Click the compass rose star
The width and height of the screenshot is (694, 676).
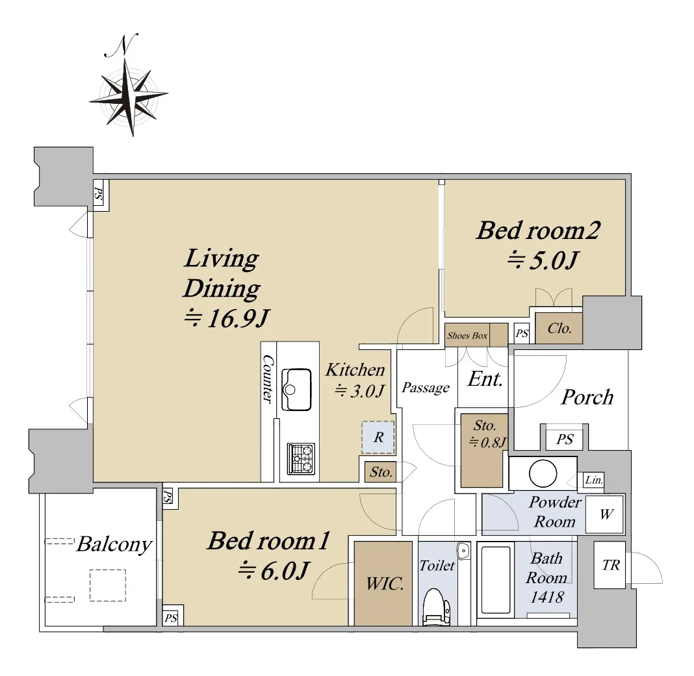tap(129, 97)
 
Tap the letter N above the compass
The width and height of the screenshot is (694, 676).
tap(122, 45)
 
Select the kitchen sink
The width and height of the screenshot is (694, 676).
tap(296, 390)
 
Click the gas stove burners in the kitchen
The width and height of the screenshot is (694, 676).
tap(301, 458)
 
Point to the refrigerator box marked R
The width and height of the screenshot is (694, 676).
tap(378, 437)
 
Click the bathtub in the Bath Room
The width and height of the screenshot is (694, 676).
tap(495, 580)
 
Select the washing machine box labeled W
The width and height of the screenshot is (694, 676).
tap(604, 514)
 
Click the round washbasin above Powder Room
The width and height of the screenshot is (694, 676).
tap(543, 473)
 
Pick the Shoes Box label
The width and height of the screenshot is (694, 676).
tap(467, 335)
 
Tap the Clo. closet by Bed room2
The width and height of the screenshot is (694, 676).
tap(559, 329)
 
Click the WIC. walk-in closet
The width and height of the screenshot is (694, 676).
tap(383, 583)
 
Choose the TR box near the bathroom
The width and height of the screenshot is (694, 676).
tap(610, 564)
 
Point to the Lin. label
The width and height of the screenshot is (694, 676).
tap(593, 480)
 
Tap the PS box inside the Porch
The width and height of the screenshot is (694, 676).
tap(564, 440)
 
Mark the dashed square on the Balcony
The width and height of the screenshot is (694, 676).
tap(108, 585)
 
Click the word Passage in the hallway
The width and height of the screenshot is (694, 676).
tap(426, 388)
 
